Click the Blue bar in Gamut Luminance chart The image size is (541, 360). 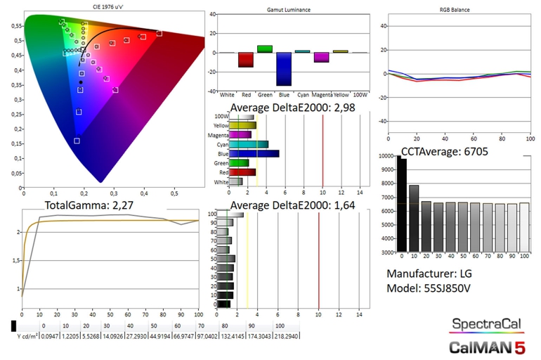click(284, 69)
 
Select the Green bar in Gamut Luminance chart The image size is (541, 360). click(265, 49)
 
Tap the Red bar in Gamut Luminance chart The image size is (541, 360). click(246, 60)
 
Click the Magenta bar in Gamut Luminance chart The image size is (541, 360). click(322, 57)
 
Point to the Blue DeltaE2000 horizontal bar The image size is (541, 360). click(254, 153)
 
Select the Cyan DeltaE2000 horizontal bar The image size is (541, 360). click(249, 144)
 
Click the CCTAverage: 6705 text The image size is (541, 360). click(445, 150)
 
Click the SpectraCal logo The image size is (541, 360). click(486, 324)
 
